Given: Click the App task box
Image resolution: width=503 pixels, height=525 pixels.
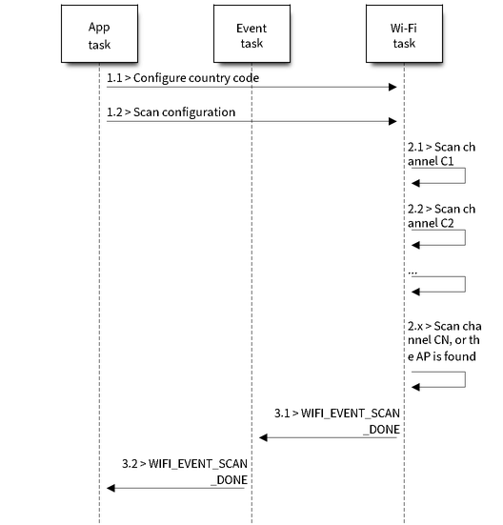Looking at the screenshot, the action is click(x=99, y=33).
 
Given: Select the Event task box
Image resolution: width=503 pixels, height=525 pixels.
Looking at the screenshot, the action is click(x=251, y=33).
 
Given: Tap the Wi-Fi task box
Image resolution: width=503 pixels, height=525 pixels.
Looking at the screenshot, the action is click(x=404, y=33).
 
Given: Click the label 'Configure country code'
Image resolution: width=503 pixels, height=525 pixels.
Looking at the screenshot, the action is click(x=196, y=78).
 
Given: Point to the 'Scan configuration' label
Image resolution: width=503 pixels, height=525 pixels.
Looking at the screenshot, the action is click(x=185, y=112).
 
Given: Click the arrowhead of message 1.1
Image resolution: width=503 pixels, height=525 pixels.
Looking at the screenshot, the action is click(x=392, y=88).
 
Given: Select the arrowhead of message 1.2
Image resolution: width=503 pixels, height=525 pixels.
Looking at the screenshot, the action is click(x=392, y=121).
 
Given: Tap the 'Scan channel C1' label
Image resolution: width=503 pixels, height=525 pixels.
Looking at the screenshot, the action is click(x=441, y=154).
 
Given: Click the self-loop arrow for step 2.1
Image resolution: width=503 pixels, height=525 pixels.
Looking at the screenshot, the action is click(x=465, y=175).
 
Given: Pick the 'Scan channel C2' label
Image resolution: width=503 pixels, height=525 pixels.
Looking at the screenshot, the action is click(x=441, y=216).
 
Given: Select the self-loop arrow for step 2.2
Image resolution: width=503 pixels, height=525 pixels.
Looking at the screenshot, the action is click(x=465, y=237).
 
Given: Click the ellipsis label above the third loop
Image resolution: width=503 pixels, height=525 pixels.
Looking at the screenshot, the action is click(x=412, y=273).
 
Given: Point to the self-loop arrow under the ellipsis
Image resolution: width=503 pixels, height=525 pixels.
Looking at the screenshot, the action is click(x=465, y=285).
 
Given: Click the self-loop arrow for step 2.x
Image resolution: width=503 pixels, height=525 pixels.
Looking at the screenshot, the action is click(x=465, y=379).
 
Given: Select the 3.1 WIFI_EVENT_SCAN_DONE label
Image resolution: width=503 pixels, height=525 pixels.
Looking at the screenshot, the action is click(x=337, y=421).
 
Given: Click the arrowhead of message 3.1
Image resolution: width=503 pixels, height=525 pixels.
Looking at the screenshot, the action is click(x=263, y=437).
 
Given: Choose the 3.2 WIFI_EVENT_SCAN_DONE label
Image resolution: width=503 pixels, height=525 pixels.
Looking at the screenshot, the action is click(x=185, y=472).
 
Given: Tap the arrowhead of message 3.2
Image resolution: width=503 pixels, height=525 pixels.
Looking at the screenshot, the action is click(x=111, y=488).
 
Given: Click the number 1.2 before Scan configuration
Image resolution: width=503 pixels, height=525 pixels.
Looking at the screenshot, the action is click(x=114, y=112).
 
